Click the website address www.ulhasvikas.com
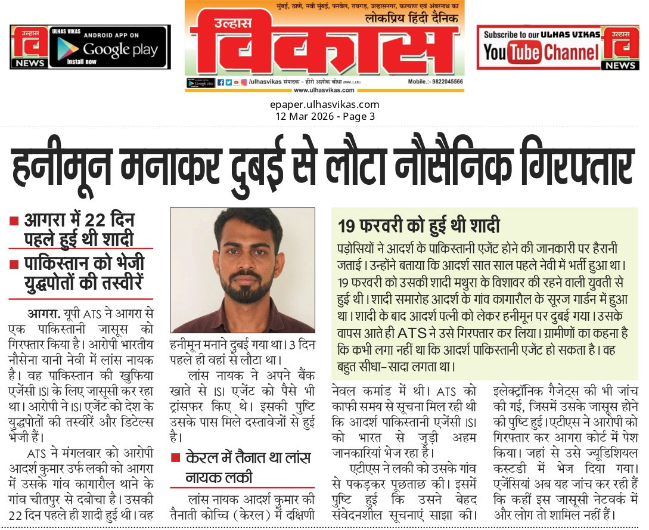[x=324, y=90]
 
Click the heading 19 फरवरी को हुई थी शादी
[x=418, y=227]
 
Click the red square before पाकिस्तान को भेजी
[x=14, y=263]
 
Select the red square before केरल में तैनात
[x=175, y=458]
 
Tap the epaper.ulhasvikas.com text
[x=324, y=105]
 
